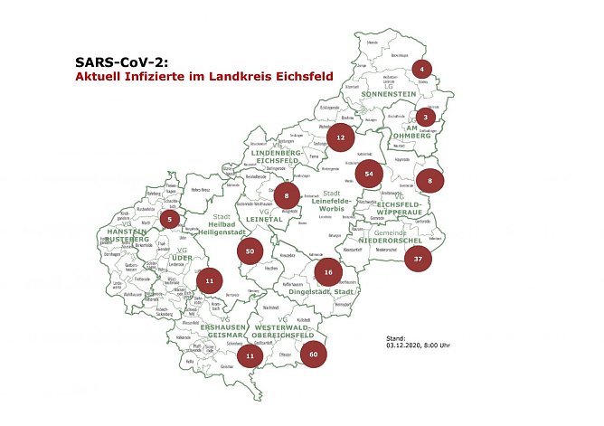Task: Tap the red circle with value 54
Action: pyautogui.click(x=369, y=174)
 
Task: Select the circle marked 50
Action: pyautogui.click(x=250, y=251)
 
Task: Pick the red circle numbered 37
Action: pyautogui.click(x=418, y=259)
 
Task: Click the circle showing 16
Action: pyautogui.click(x=328, y=271)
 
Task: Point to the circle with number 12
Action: pyautogui.click(x=340, y=139)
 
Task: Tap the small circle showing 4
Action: pyautogui.click(x=421, y=69)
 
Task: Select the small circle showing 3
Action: pyautogui.click(x=426, y=117)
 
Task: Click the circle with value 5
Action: pyautogui.click(x=169, y=219)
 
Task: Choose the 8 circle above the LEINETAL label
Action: pyautogui.click(x=287, y=195)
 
